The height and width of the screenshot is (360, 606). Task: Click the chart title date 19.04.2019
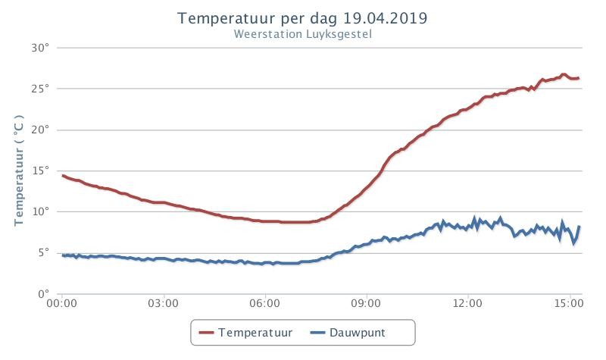click(x=385, y=18)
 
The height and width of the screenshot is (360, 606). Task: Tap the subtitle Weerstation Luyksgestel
click(x=302, y=34)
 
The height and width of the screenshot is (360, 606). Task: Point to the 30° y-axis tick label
click(x=41, y=48)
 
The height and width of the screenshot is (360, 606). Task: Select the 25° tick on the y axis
click(x=41, y=89)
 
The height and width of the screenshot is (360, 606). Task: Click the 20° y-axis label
click(x=41, y=130)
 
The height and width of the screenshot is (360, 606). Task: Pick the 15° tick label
click(x=41, y=171)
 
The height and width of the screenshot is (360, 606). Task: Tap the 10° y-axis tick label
click(x=41, y=212)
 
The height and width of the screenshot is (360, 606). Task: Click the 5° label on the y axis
click(x=44, y=253)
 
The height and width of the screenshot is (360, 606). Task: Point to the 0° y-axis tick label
click(x=44, y=294)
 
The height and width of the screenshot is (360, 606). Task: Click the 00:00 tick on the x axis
click(x=62, y=303)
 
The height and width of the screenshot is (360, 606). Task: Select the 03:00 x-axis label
click(x=163, y=303)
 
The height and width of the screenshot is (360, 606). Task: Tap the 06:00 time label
click(x=264, y=303)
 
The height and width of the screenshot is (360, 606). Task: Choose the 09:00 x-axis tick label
click(x=366, y=303)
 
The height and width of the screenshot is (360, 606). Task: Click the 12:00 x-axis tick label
click(x=467, y=303)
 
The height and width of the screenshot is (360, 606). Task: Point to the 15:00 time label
click(x=569, y=303)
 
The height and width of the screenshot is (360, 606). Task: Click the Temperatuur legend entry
click(x=245, y=333)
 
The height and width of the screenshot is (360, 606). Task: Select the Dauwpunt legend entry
click(x=348, y=333)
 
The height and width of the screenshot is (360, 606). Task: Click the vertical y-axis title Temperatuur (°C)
click(x=19, y=170)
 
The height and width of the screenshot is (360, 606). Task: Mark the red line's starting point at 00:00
click(x=63, y=176)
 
